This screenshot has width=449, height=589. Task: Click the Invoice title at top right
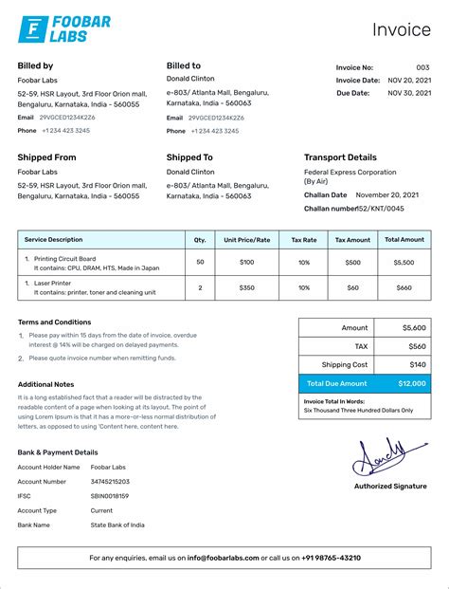(400, 29)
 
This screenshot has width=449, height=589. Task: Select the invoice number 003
(422, 67)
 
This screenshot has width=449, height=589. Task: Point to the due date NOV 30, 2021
(409, 93)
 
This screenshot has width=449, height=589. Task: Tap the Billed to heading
(184, 65)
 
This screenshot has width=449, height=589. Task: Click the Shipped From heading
(46, 157)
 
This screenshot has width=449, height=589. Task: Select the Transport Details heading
(340, 157)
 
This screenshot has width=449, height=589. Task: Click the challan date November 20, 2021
(386, 194)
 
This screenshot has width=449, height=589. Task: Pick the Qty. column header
(200, 240)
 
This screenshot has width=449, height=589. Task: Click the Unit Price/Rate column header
(247, 240)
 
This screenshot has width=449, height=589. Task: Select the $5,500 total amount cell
(404, 262)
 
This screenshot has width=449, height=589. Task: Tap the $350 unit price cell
(247, 286)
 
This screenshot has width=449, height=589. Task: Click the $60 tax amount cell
(353, 286)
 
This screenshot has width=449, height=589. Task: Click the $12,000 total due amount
(411, 383)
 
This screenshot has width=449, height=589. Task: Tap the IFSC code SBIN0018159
(110, 496)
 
